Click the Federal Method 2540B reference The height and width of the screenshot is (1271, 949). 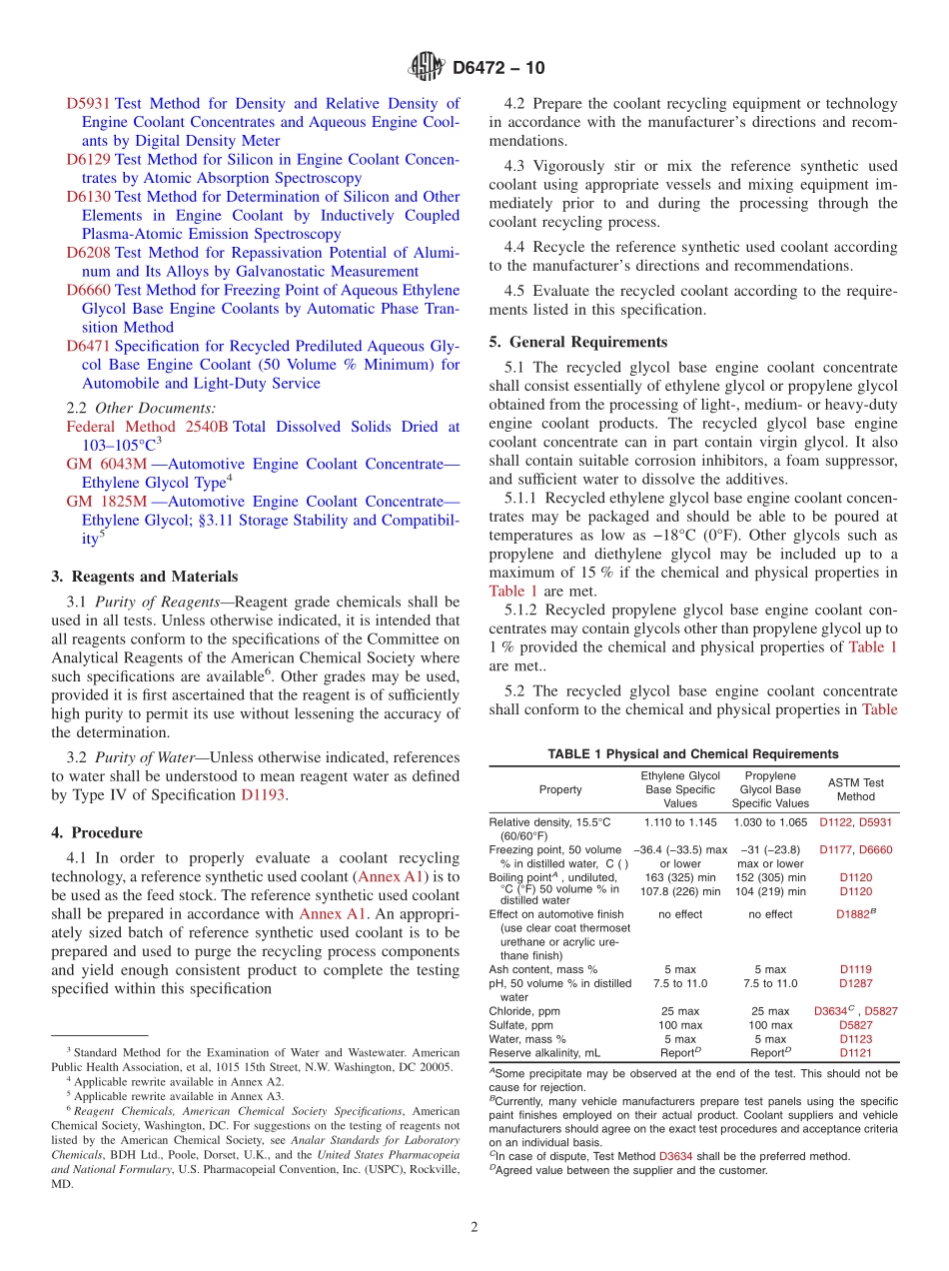(147, 427)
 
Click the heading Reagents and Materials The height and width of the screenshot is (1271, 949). (144, 577)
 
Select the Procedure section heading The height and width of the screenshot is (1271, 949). (96, 832)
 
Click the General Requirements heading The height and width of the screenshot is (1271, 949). (578, 342)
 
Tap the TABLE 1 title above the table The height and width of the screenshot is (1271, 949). (692, 754)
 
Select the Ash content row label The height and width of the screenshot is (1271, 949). (542, 969)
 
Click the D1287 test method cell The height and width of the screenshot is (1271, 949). (855, 983)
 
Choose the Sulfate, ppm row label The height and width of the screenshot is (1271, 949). (520, 1025)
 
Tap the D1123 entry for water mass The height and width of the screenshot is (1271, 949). (855, 1039)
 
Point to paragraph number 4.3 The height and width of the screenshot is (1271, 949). (514, 166)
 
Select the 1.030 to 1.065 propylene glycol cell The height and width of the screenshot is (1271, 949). (770, 822)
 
